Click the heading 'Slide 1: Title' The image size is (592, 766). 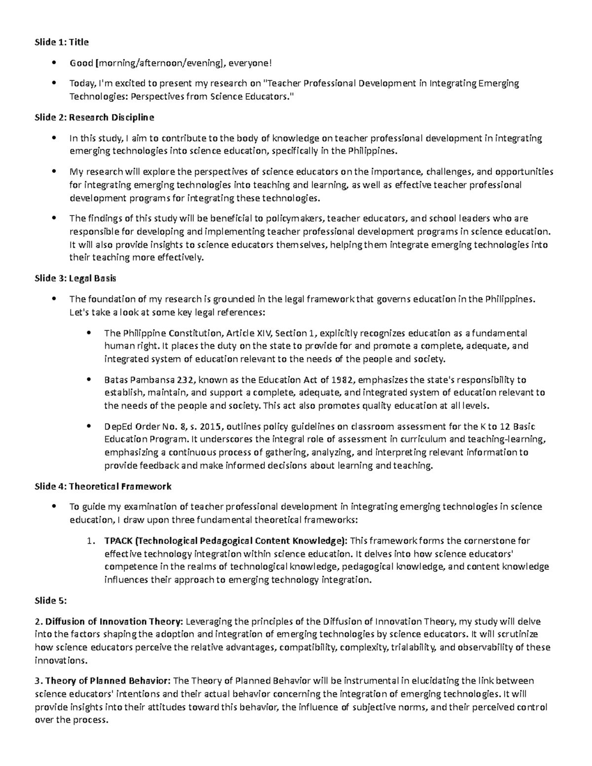click(x=62, y=42)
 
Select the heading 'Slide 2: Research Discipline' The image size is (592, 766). click(x=94, y=117)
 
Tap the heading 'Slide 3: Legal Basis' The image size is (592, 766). click(x=75, y=278)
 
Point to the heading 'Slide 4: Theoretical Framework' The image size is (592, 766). click(x=103, y=486)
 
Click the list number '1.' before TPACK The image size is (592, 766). click(x=90, y=541)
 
